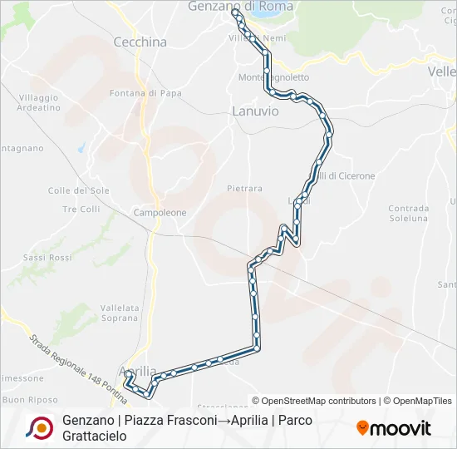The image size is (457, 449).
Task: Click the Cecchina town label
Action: tap(140, 42)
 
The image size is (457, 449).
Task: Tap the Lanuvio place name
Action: tap(255, 110)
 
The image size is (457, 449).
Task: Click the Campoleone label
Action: tap(160, 213)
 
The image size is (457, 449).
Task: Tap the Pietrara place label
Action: tap(244, 189)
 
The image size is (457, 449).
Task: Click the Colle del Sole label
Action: tap(79, 190)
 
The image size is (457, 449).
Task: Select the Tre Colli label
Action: tap(81, 209)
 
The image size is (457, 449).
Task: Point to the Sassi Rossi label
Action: tap(47, 258)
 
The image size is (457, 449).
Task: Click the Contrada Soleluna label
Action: tap(408, 213)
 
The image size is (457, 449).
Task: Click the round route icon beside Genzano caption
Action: tap(39, 427)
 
